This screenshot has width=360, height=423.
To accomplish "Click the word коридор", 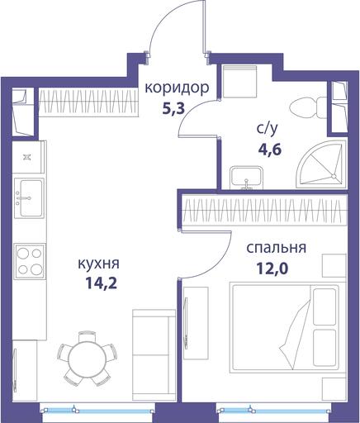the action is click(x=177, y=88).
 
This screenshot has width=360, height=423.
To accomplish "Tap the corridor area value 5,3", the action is click(x=173, y=108).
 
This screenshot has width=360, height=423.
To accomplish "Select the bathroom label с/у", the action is click(x=268, y=130).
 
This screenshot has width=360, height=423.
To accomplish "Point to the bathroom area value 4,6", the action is click(x=270, y=150).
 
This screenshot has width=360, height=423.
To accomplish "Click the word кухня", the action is click(x=99, y=264).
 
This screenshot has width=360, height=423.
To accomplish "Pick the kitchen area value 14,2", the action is click(x=102, y=283).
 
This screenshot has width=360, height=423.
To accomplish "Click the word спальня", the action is click(x=276, y=248).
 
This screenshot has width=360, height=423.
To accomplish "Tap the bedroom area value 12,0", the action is click(x=272, y=268).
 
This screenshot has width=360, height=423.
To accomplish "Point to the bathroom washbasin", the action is click(x=247, y=178).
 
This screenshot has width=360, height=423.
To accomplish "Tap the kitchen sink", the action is click(x=29, y=198).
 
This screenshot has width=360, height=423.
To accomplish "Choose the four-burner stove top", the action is click(x=30, y=261).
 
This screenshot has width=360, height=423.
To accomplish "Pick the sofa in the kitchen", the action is click(x=154, y=354).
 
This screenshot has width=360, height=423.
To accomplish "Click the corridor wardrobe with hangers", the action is click(x=88, y=101).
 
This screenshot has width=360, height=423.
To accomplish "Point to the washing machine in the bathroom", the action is click(x=240, y=82).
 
